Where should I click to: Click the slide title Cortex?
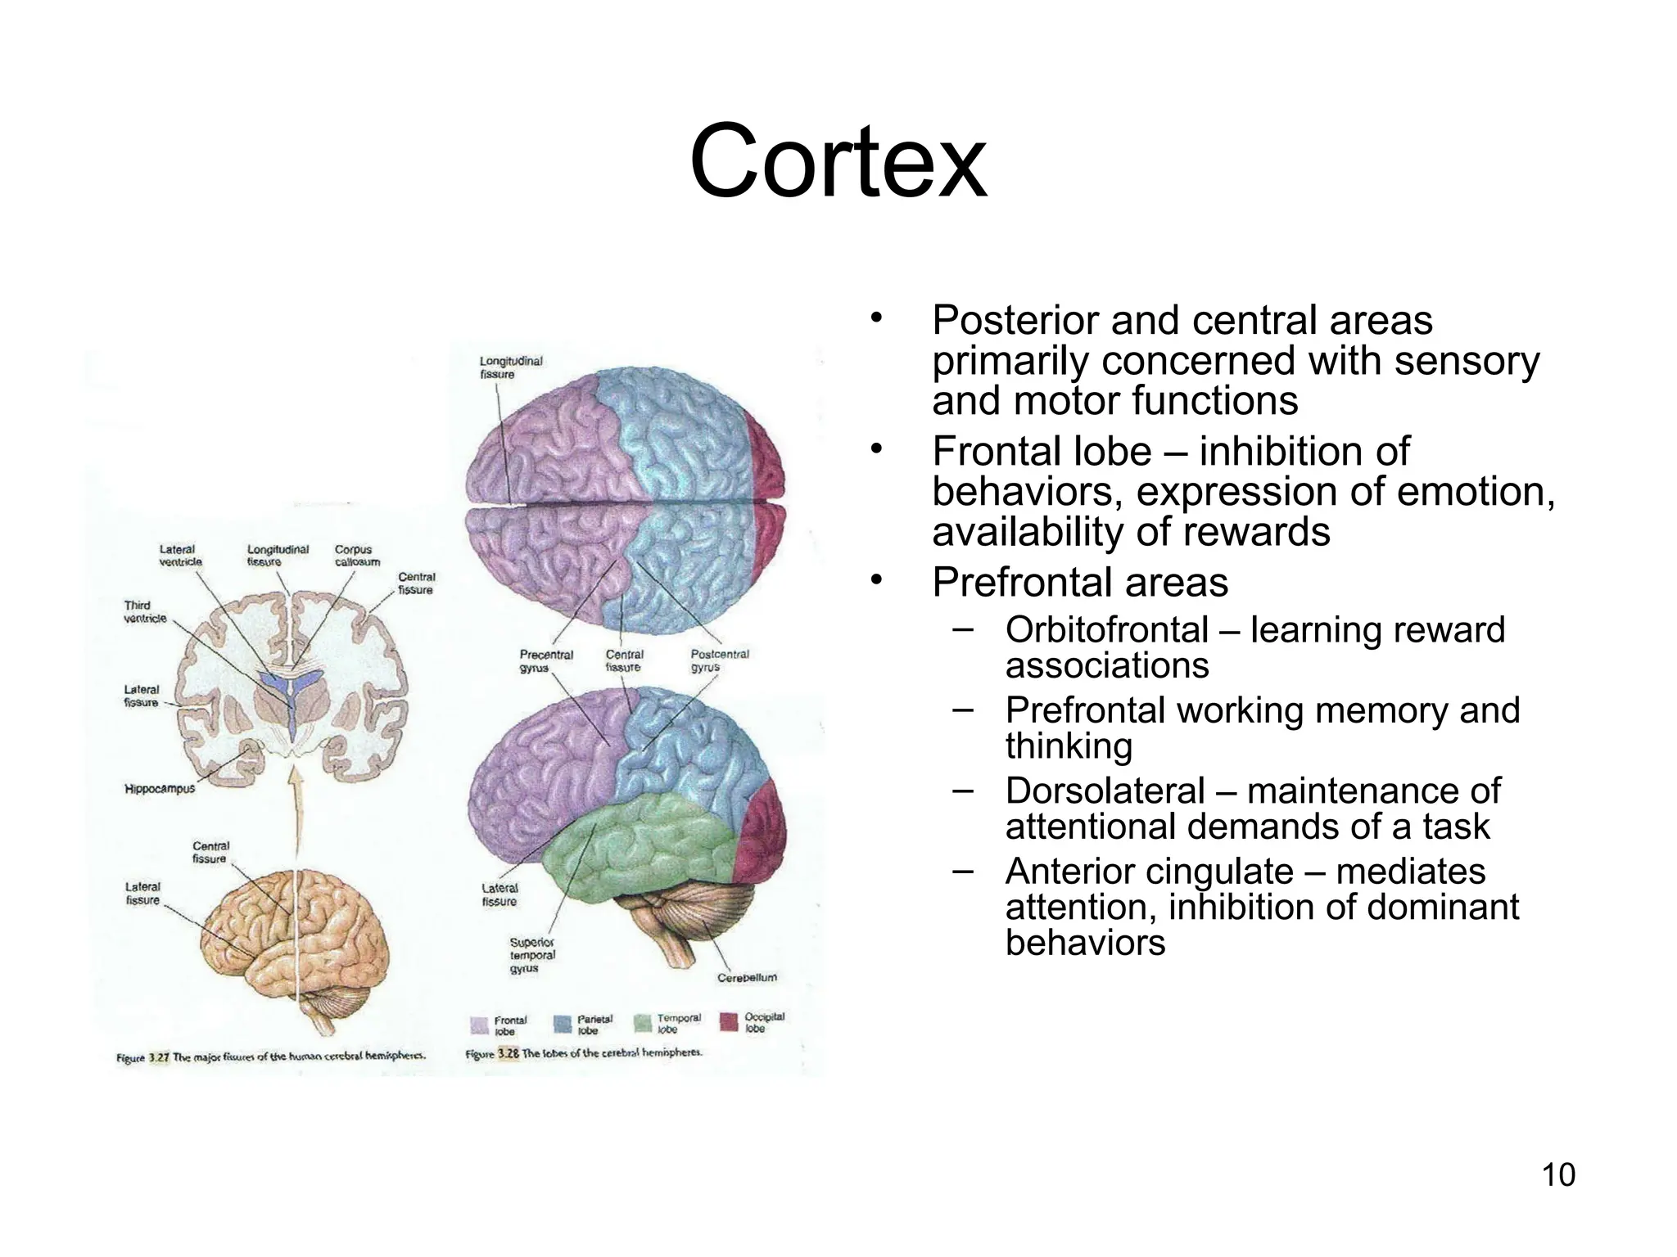click(838, 161)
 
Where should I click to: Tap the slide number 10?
click(1558, 1175)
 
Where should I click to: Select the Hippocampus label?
click(160, 789)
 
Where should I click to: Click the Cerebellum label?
click(747, 977)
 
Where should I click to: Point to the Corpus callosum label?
click(357, 556)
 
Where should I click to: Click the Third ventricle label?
click(145, 611)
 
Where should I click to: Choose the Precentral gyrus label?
click(546, 660)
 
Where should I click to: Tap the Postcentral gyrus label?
click(719, 660)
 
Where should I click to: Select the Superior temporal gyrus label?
click(532, 955)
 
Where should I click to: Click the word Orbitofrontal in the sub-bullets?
click(1106, 630)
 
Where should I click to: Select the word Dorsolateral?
click(1105, 791)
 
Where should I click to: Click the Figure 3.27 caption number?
click(157, 1057)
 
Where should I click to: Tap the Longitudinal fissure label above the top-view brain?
click(510, 367)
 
